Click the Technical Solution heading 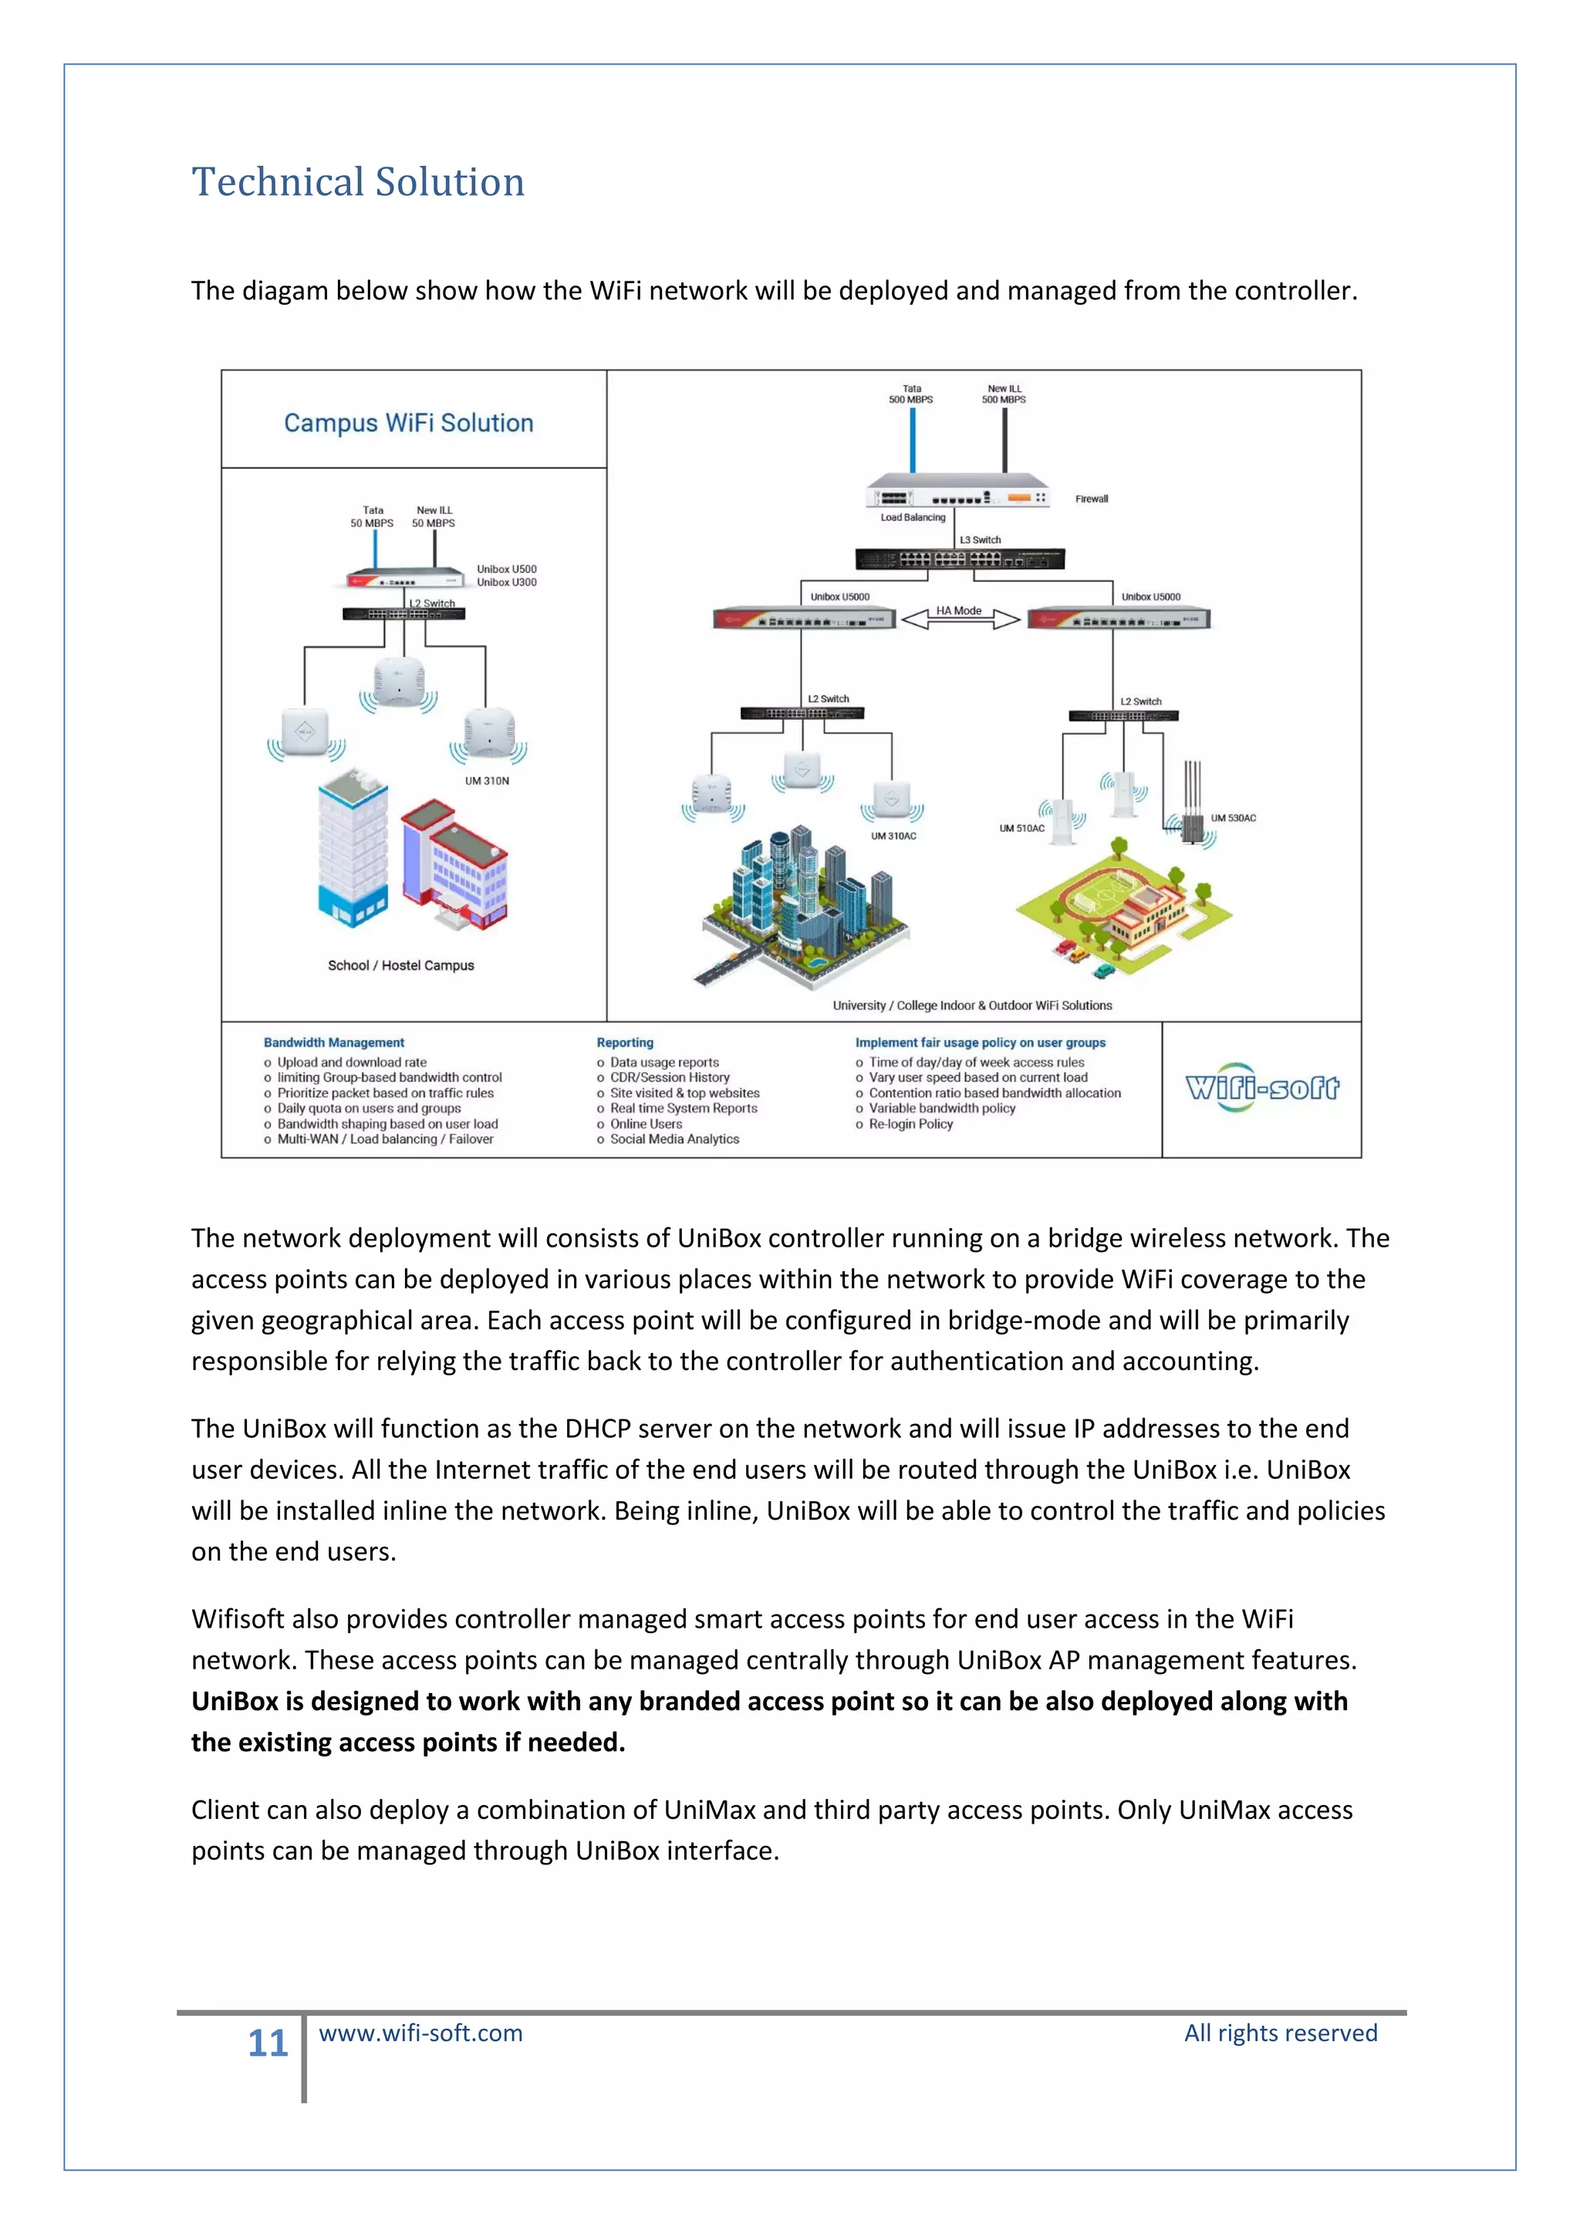tap(358, 182)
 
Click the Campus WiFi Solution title tap(409, 424)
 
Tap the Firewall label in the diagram tap(1091, 499)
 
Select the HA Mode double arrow tap(959, 618)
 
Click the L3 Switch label tap(980, 540)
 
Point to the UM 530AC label tap(1233, 818)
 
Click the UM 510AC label tap(1021, 829)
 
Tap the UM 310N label tap(487, 781)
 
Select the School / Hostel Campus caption tap(401, 965)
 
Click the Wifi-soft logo tap(1262, 1088)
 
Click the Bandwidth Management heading tap(334, 1042)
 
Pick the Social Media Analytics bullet tap(674, 1139)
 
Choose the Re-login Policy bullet tap(910, 1124)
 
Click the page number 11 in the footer tap(268, 2043)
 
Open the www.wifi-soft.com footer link tap(420, 2033)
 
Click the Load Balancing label tap(913, 518)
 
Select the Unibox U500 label tap(506, 569)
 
